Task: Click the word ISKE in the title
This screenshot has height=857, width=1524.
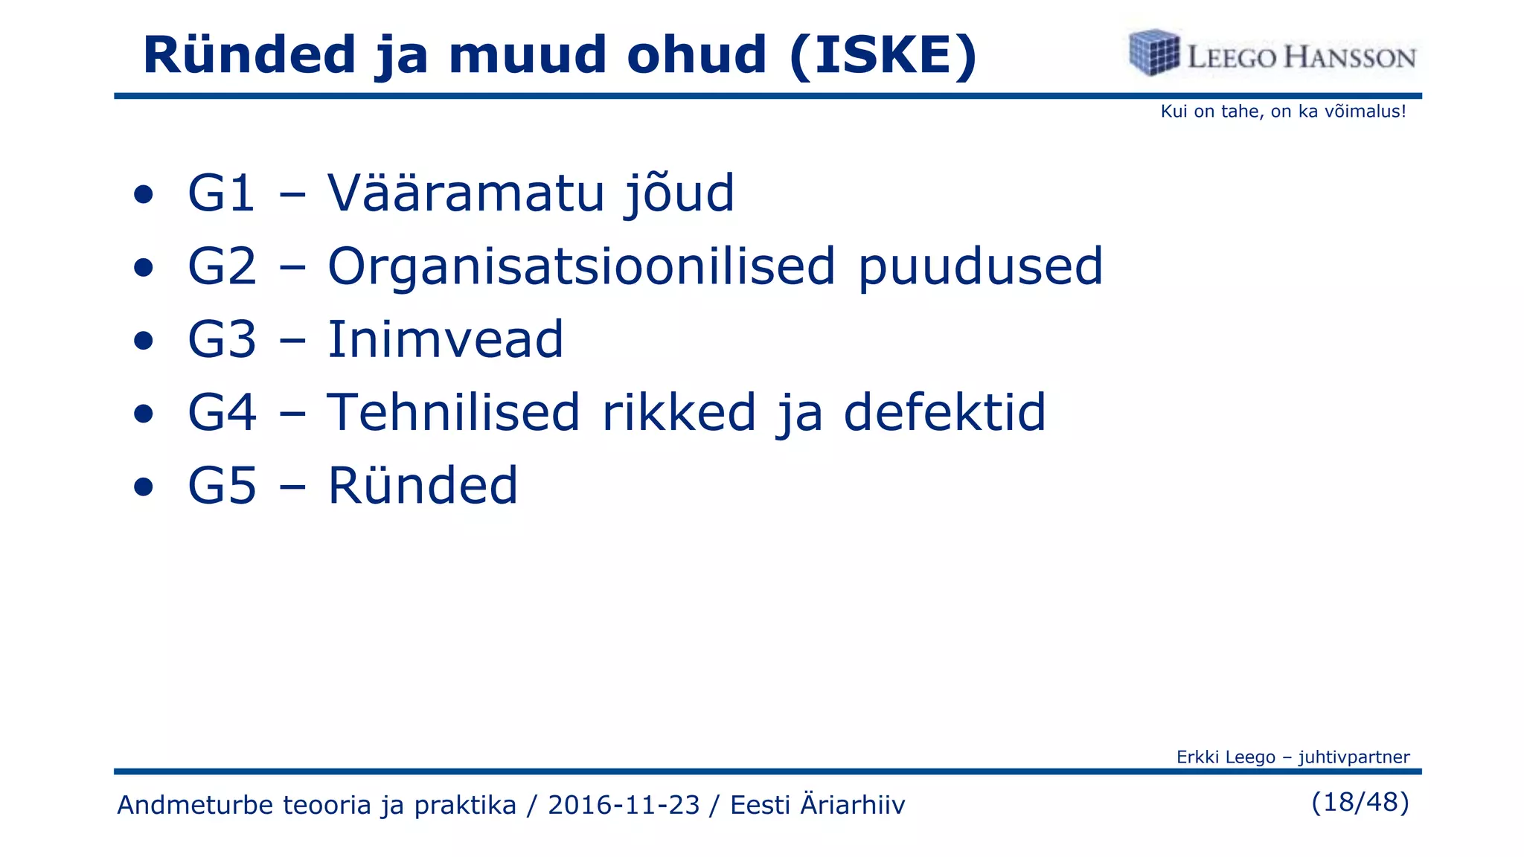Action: click(883, 56)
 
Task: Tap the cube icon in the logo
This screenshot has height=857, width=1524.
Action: click(1154, 53)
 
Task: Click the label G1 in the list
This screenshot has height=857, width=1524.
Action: click(222, 193)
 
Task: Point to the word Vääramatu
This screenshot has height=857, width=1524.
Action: click(465, 193)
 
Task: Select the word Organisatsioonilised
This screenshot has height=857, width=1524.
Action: click(581, 267)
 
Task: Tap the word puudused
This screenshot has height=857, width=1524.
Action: click(980, 267)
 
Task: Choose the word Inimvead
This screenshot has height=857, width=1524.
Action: click(445, 339)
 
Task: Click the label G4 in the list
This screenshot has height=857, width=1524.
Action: click(222, 412)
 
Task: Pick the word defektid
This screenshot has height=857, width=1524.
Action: click(944, 412)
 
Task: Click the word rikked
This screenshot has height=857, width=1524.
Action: click(679, 412)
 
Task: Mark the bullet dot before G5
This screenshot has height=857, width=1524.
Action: click(144, 487)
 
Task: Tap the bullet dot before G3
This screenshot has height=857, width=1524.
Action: click(144, 341)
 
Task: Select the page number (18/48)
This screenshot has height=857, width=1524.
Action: click(1360, 802)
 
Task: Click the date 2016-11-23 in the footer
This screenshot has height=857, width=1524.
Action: click(624, 805)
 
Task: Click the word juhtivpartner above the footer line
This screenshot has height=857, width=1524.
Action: click(1354, 757)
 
